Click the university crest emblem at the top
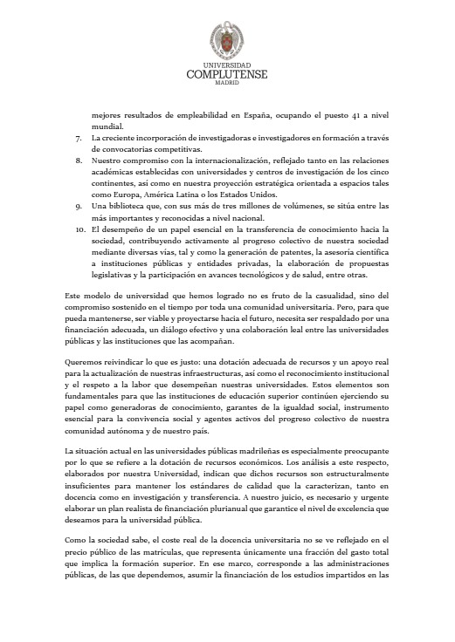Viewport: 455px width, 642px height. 226,40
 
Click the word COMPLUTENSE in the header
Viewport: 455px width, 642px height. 226,75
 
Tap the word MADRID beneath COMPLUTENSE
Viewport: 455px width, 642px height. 226,84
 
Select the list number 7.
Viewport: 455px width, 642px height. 79,138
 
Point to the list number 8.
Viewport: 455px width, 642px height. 79,160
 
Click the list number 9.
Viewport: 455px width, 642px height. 79,205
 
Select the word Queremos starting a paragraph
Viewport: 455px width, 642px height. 86,358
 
